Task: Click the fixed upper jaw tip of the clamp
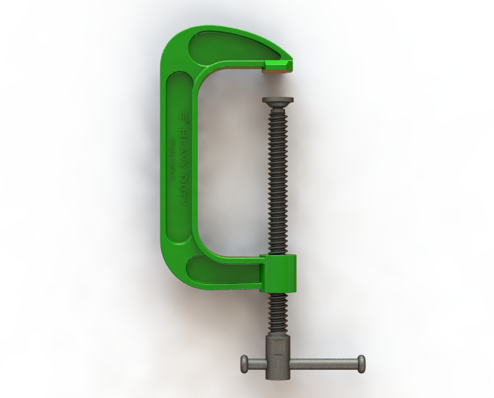click(278, 65)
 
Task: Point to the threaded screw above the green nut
click(278, 180)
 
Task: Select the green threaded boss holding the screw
click(279, 273)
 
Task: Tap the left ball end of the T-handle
click(244, 362)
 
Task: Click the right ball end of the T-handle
click(360, 361)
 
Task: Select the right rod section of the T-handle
click(325, 361)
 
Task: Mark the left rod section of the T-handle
click(259, 362)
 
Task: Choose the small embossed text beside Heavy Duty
click(172, 159)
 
